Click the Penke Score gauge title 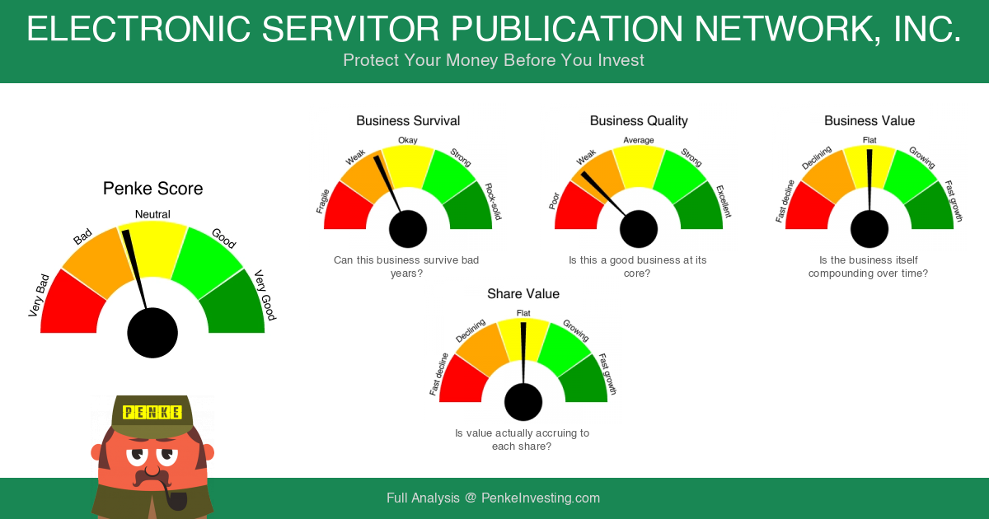[x=152, y=189]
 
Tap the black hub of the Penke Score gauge [x=152, y=333]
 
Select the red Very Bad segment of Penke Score [x=71, y=305]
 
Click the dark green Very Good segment [x=234, y=305]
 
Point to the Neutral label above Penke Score [x=152, y=214]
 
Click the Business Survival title [x=408, y=121]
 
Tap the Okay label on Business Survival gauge [x=407, y=140]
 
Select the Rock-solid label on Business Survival [x=493, y=201]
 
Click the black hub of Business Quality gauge [x=639, y=229]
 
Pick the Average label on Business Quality [x=639, y=140]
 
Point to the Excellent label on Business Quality [x=724, y=202]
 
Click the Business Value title [x=869, y=121]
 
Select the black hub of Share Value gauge [x=523, y=402]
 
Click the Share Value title [x=523, y=294]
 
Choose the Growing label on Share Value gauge [x=576, y=330]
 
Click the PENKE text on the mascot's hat [x=152, y=412]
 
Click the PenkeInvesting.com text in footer [x=541, y=498]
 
